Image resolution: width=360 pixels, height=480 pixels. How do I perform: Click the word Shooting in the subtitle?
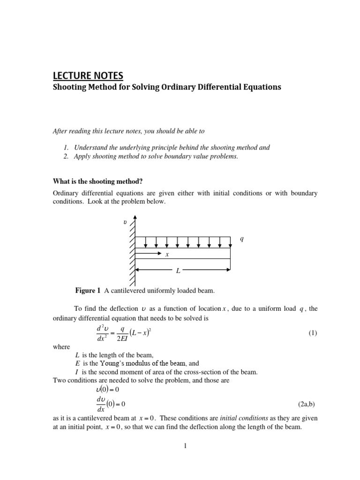tap(69, 88)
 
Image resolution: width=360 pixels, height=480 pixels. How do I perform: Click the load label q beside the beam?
tap(242, 239)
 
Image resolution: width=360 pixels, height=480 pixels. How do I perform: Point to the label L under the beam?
tap(178, 271)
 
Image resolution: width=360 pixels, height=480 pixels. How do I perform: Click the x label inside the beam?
tap(166, 255)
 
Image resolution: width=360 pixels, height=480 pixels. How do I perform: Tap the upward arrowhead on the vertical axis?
tap(135, 217)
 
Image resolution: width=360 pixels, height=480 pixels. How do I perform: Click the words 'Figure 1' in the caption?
tap(88, 291)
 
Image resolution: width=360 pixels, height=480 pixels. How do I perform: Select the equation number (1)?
tap(313, 333)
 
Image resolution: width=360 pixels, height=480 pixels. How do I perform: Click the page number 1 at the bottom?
tap(186, 446)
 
